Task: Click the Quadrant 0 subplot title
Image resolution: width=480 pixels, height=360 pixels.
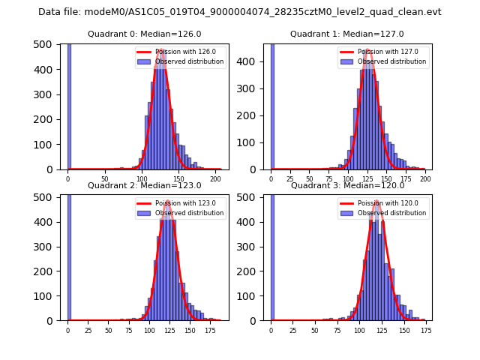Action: click(x=144, y=34)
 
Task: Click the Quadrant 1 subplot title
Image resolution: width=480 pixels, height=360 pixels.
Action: click(x=347, y=34)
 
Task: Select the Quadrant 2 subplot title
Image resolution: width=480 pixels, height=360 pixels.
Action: click(x=144, y=185)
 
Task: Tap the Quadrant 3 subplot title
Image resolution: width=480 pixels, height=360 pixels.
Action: click(x=347, y=185)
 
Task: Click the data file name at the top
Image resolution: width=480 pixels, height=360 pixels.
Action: click(x=240, y=12)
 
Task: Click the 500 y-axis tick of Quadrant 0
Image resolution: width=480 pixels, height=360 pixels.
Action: click(x=46, y=44)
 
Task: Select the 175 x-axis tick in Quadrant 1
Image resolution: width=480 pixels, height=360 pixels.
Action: click(x=406, y=179)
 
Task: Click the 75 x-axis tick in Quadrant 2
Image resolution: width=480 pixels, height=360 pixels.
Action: click(x=129, y=330)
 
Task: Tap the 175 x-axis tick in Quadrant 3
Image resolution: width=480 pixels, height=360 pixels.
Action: click(x=426, y=330)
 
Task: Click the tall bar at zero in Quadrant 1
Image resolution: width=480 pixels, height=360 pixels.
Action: click(x=272, y=105)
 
